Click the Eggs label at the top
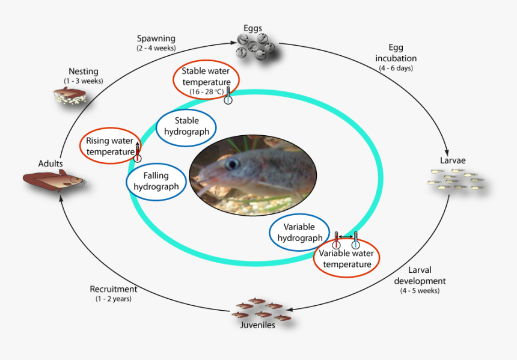(252, 28)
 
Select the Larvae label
(453, 160)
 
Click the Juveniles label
(258, 325)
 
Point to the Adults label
(50, 163)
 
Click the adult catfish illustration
(54, 178)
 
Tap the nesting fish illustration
(70, 96)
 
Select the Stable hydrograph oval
(186, 127)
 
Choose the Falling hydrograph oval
(156, 182)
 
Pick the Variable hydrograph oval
(299, 233)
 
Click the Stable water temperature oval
(206, 81)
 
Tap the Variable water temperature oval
(346, 258)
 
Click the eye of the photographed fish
(231, 163)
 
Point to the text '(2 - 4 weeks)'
(156, 47)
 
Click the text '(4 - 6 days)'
(396, 68)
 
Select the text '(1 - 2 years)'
(113, 298)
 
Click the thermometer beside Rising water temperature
(138, 153)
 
